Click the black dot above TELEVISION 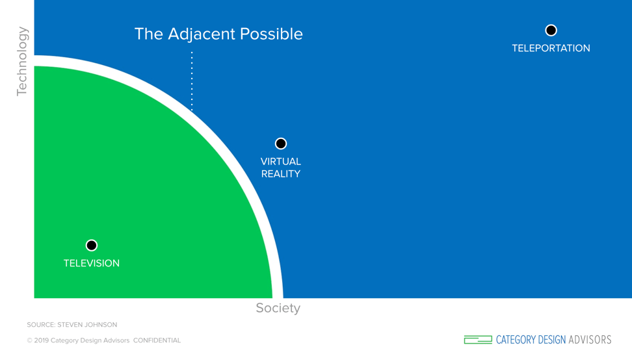92,245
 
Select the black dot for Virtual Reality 281,144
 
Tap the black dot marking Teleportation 551,31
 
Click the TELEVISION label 92,263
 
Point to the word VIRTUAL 281,161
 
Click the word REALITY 281,174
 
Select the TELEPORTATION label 551,48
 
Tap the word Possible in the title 271,34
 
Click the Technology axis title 21,61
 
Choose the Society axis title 278,308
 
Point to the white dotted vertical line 192,81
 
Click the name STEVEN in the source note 72,324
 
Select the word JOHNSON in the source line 102,324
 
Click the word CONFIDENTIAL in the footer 157,341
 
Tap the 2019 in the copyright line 41,341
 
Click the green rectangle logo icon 478,339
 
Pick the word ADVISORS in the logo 590,340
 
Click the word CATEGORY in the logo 515,340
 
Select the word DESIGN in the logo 551,340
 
